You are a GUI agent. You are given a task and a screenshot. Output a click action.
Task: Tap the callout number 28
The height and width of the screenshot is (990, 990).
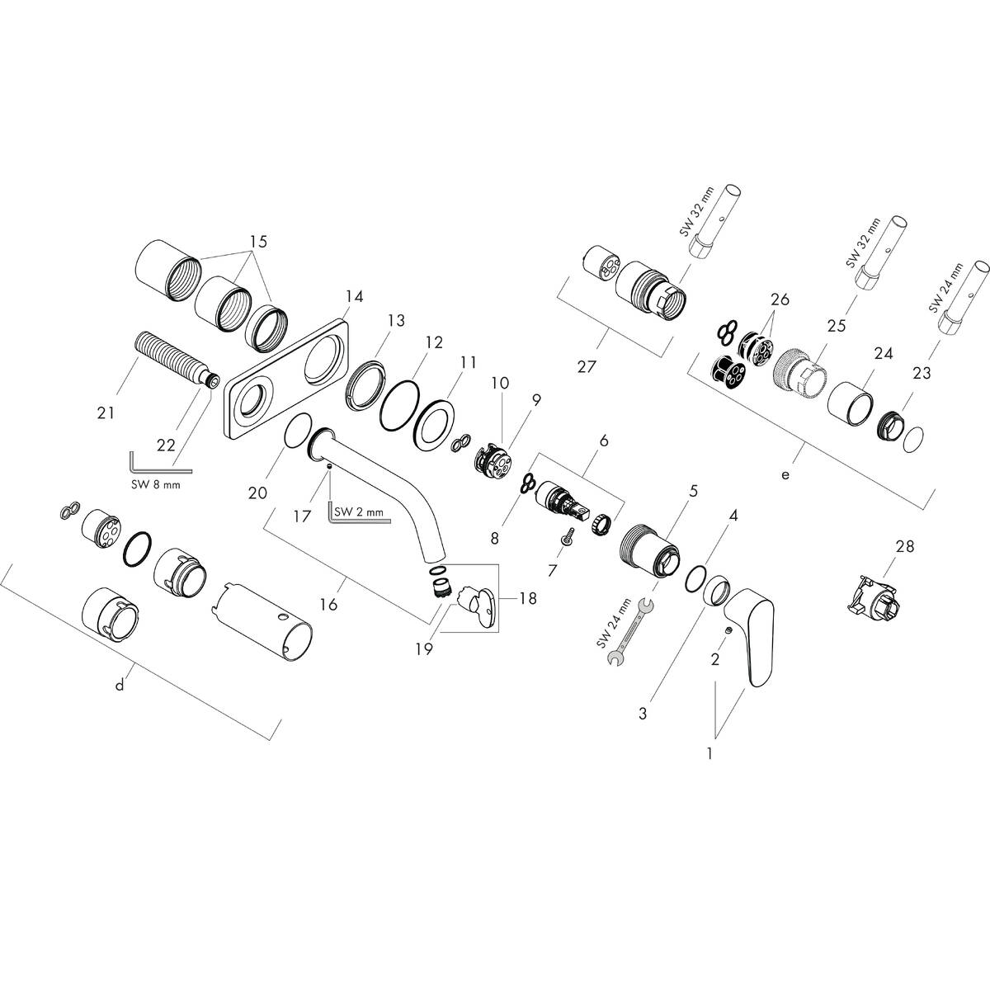pos(906,546)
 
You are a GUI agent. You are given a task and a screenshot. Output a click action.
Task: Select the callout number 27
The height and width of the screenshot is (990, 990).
pos(587,367)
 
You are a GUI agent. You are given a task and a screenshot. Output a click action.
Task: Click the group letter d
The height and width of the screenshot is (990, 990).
pos(120,686)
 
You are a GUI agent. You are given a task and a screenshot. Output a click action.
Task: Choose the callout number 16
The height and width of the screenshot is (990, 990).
pos(328,605)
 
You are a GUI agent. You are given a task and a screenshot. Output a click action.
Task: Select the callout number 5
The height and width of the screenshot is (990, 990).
pos(693,491)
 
